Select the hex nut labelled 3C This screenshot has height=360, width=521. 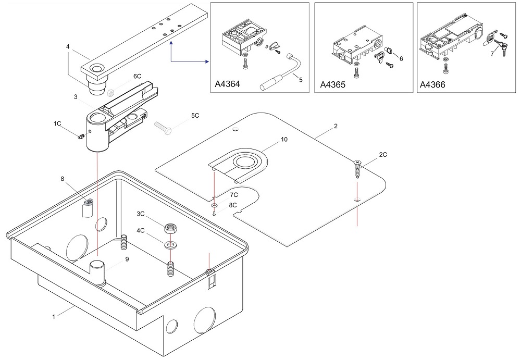tap(170, 228)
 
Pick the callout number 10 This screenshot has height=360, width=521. tap(284, 140)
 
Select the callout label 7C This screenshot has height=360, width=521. tap(234, 194)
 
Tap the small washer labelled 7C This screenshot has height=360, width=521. tap(214, 206)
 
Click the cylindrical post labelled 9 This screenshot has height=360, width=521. tap(97, 271)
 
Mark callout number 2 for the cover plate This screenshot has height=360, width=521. tap(336, 126)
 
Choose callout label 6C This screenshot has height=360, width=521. tap(137, 76)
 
